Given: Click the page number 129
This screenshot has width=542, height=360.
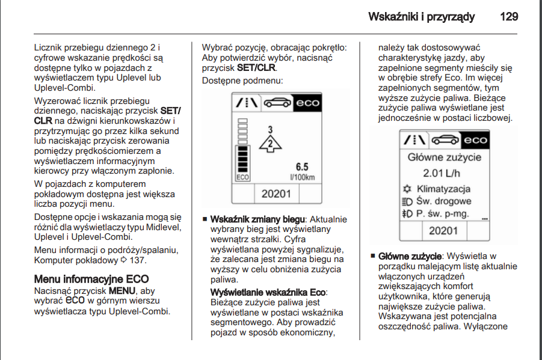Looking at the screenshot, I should point(508,17).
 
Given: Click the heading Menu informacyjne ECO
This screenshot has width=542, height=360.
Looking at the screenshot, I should point(91,279).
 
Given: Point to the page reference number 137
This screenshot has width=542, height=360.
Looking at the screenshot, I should point(138,260).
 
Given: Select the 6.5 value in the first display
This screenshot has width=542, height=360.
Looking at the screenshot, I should point(302,167).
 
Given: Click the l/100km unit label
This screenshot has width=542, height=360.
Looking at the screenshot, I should point(302,177).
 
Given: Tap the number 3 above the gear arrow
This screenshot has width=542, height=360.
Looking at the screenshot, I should point(271,129).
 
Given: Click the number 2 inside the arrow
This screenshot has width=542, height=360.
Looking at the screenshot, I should point(270,142).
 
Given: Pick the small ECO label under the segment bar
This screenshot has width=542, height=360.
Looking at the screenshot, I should point(242,177).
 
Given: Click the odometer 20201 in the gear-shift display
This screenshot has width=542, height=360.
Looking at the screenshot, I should point(276,194).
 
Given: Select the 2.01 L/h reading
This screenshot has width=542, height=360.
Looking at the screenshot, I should point(445,174).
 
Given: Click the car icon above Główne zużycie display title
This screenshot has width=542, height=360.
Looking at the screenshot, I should point(445,140).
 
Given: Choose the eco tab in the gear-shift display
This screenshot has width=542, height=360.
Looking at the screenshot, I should point(307,103).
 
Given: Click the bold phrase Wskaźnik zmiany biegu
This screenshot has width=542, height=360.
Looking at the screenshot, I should point(258,219).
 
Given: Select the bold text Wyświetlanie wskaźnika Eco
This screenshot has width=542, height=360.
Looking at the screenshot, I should point(268,292).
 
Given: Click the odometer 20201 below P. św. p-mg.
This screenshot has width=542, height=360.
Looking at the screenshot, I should point(444,230).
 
